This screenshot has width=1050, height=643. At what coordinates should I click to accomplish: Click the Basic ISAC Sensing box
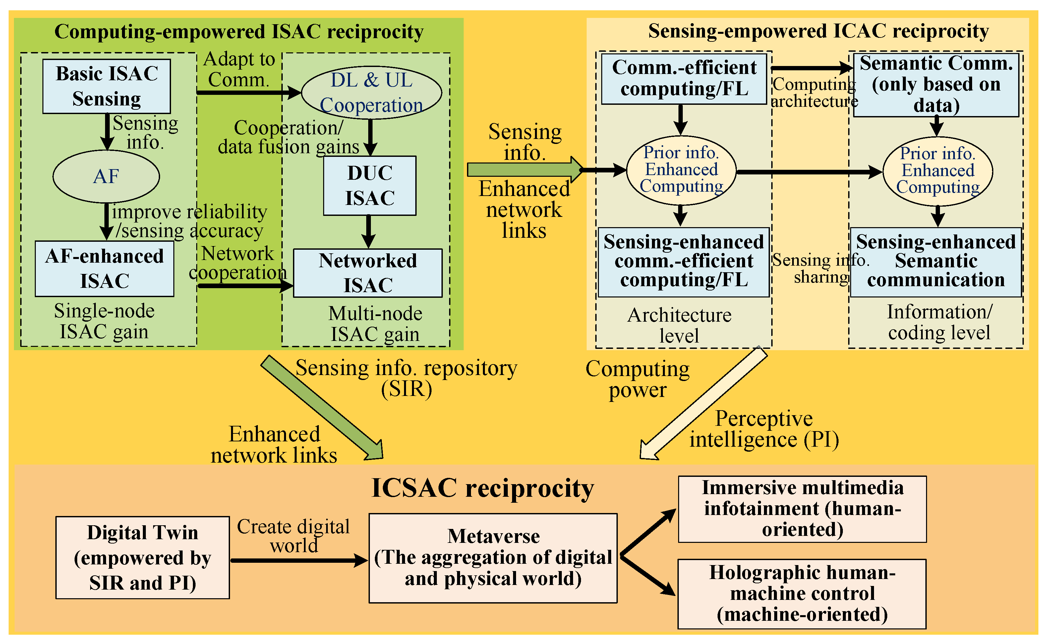coord(106,86)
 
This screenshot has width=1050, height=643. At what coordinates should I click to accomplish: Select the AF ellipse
coord(106,176)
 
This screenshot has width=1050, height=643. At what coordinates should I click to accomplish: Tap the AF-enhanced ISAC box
coord(104,269)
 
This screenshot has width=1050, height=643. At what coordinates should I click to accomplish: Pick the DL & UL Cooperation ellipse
coord(371,93)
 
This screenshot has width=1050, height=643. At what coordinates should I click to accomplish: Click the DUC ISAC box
coord(370,185)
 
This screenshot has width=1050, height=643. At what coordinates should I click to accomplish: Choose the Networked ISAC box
coord(368,273)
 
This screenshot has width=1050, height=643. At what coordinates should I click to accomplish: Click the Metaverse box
coord(493,558)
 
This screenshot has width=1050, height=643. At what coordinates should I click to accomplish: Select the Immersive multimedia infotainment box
coord(802,509)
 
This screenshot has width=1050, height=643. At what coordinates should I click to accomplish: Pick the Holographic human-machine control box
coord(802,594)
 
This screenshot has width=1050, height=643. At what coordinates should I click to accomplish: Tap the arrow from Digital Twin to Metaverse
coord(298,560)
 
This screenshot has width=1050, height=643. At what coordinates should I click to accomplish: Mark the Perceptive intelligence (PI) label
coord(764,429)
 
